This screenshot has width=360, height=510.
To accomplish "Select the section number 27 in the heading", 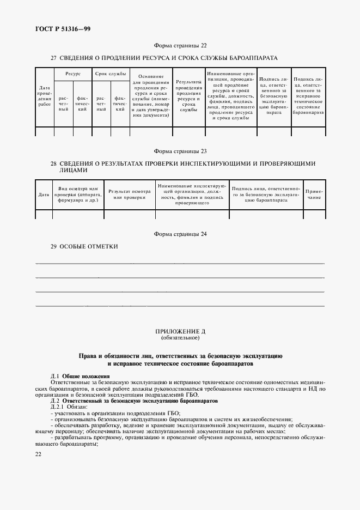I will (53, 57).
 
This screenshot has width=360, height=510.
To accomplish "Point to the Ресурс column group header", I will (73, 73).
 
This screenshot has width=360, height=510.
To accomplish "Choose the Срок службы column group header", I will (111, 73).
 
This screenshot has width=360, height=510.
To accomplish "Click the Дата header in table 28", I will (44, 195).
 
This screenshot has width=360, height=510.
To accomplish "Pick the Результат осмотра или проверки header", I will (130, 195).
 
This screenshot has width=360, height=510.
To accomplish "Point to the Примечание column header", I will (314, 195).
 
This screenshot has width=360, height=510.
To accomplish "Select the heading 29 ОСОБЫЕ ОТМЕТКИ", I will (84, 246).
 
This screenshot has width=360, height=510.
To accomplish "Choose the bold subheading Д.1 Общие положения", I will (80, 376).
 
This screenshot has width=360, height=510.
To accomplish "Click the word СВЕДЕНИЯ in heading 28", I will (77, 163).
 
